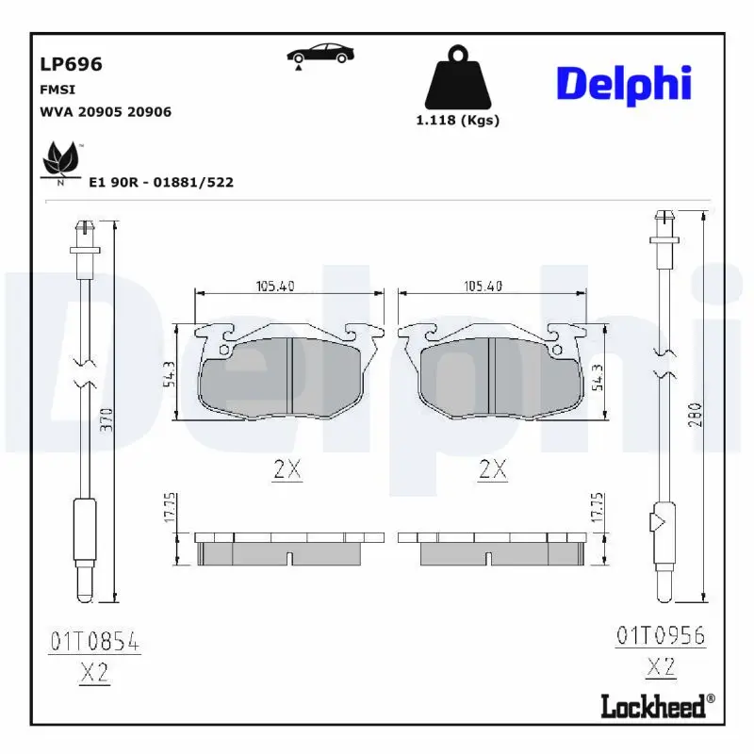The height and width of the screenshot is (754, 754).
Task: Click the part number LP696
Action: tap(71, 64)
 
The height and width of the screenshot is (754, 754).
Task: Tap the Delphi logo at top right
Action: tap(623, 85)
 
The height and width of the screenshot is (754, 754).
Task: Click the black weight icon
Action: tap(457, 76)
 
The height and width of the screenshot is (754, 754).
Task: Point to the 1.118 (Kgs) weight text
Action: tap(457, 120)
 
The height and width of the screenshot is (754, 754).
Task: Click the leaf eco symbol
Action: tap(60, 160)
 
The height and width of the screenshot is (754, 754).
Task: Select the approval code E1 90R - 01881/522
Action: tap(160, 182)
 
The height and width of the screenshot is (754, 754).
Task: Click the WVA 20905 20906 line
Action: tap(105, 111)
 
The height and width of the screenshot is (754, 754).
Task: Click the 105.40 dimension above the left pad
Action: tap(275, 287)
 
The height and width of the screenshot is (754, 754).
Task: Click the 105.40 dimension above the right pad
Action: tap(483, 287)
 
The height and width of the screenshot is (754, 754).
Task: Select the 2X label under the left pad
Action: tap(287, 468)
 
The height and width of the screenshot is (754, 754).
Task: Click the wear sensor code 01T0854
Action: tap(94, 644)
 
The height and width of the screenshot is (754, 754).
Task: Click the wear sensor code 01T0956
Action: tap(661, 634)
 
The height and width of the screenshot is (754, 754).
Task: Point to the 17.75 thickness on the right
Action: tap(596, 506)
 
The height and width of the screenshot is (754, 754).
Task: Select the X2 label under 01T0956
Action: tap(661, 667)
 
